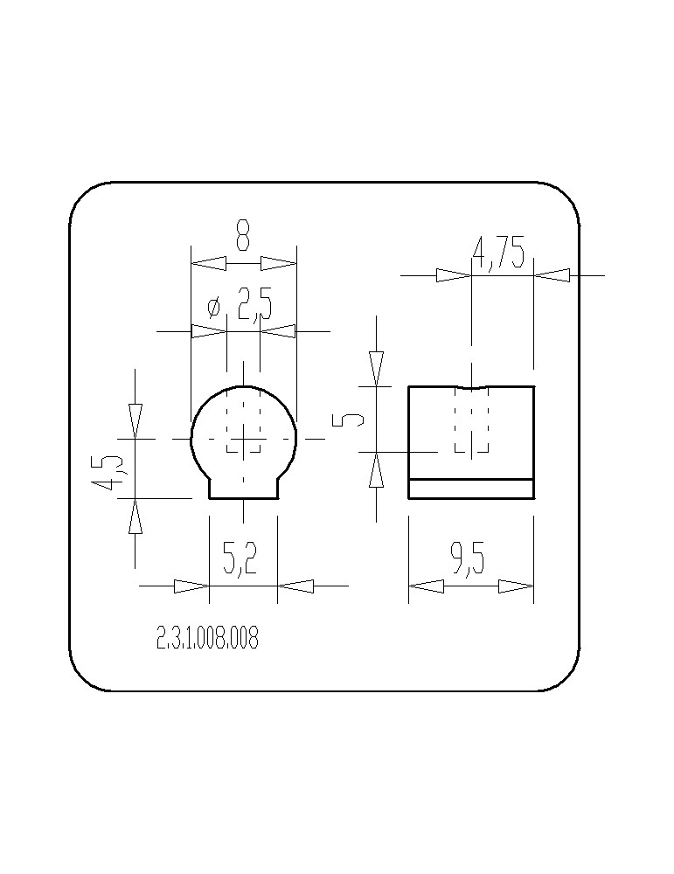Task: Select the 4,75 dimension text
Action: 498,253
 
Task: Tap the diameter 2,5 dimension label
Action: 240,304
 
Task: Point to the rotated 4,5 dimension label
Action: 108,473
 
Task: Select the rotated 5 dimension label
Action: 347,420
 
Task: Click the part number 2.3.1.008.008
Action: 207,638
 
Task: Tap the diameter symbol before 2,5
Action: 214,307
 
